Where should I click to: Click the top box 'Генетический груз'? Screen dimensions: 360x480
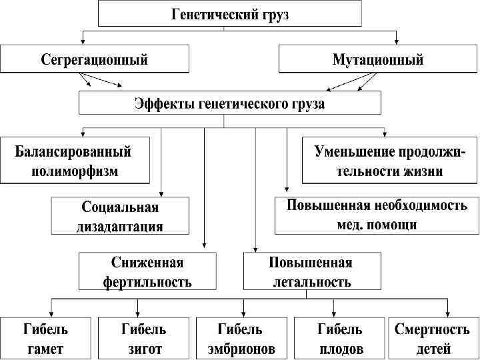[230, 14]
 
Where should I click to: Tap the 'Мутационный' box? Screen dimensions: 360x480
[378, 59]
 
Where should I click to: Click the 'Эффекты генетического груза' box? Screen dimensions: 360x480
[230, 103]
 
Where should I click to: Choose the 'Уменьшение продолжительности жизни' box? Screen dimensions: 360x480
[391, 161]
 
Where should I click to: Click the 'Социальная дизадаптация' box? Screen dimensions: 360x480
[121, 216]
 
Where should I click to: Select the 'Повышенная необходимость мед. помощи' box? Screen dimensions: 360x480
[377, 215]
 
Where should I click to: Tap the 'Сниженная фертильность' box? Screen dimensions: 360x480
[147, 271]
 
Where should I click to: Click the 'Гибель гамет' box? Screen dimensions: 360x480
[45, 338]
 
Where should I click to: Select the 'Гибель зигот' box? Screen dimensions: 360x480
[143, 338]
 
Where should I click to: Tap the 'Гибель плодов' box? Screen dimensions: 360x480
[340, 338]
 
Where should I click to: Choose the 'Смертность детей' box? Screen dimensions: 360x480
[433, 338]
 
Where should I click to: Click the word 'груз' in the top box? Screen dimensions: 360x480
[273, 14]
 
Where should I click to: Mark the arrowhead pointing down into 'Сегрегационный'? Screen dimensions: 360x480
[83, 41]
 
